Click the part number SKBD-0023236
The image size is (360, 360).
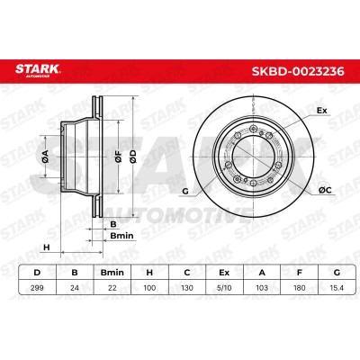pos(298,72)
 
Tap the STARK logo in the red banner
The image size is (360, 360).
pos(38,70)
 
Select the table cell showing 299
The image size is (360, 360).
pos(37,288)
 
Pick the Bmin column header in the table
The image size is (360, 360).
pos(112,273)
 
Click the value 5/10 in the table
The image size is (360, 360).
pos(224,288)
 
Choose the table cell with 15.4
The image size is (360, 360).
pos(337,288)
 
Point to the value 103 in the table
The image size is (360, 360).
pos(262,288)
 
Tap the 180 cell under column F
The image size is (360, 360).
pos(300,288)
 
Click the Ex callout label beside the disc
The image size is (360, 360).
pos(322,111)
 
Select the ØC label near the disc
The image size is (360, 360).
pos(325,190)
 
